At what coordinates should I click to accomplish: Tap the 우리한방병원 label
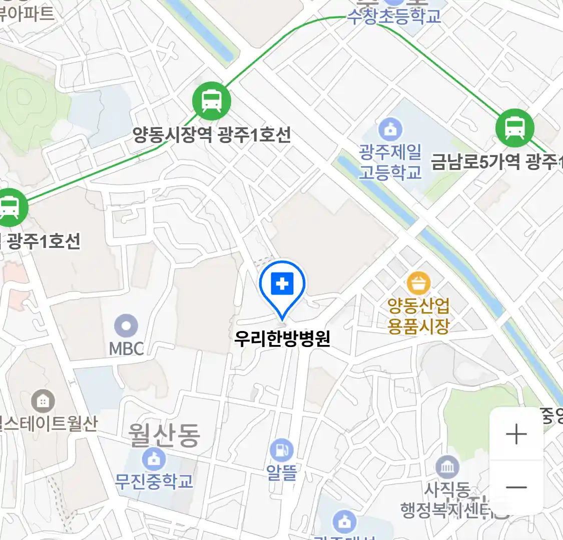click(x=282, y=338)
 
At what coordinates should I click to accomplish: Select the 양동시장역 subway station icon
click(x=212, y=101)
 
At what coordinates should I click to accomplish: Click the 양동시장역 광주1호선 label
click(x=212, y=134)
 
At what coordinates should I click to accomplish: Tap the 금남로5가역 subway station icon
click(x=514, y=128)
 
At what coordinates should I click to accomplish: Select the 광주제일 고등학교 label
click(x=390, y=162)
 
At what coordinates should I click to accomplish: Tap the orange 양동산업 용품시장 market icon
click(x=418, y=283)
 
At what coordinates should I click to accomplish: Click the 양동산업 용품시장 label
click(x=418, y=315)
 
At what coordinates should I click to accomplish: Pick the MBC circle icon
click(x=126, y=326)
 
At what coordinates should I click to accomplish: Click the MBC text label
click(x=127, y=348)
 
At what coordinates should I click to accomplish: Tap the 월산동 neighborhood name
click(x=164, y=435)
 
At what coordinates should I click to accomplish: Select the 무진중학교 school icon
click(x=153, y=458)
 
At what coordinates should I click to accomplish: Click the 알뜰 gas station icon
click(x=282, y=450)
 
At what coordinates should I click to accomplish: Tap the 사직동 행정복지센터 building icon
click(x=447, y=467)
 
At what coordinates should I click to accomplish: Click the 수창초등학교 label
click(x=394, y=16)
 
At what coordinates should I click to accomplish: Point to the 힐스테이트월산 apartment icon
click(x=43, y=400)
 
